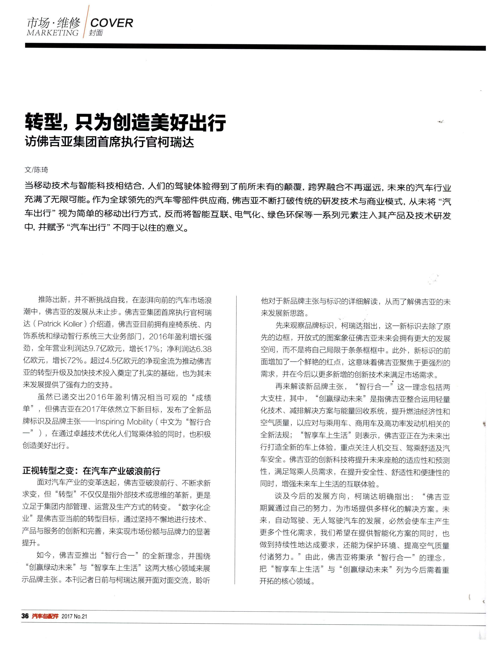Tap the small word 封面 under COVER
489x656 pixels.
[96, 33]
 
